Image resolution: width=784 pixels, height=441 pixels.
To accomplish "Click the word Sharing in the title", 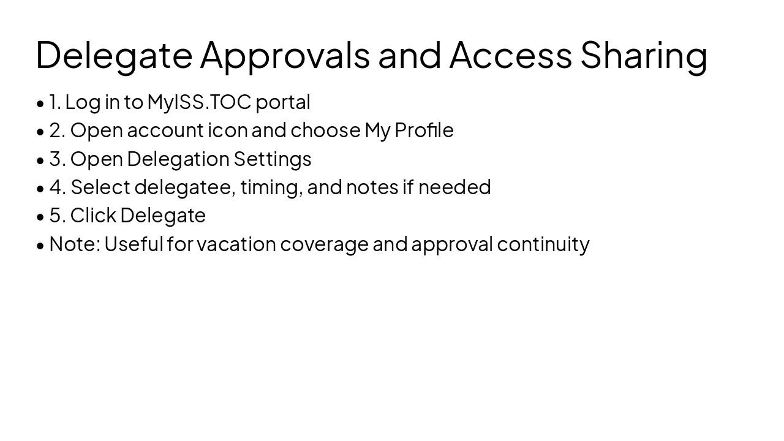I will pyautogui.click(x=644, y=55).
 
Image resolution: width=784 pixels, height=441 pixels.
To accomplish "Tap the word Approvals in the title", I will pyautogui.click(x=285, y=55).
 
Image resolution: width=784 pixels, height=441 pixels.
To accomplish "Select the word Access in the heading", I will pyautogui.click(x=510, y=54).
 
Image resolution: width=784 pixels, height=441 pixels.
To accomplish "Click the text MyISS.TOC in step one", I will pyautogui.click(x=199, y=102).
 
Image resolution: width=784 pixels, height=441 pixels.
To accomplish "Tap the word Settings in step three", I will pyautogui.click(x=273, y=159).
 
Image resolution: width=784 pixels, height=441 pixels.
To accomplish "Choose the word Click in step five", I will pyautogui.click(x=93, y=216).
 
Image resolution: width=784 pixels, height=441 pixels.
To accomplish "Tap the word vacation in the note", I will pyautogui.click(x=236, y=244).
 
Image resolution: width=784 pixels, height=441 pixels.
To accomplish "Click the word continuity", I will pyautogui.click(x=543, y=244).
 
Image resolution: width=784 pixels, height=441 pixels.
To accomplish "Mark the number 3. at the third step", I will pyautogui.click(x=58, y=159).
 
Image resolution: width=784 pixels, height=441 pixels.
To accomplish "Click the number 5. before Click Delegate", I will pyautogui.click(x=58, y=216).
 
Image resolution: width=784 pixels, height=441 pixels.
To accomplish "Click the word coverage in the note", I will pyautogui.click(x=325, y=244).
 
